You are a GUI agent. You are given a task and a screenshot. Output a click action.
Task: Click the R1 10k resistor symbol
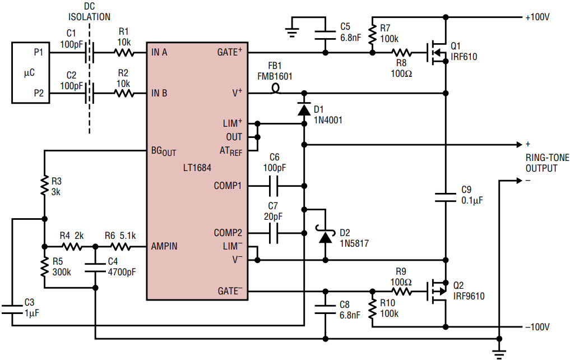(124, 53)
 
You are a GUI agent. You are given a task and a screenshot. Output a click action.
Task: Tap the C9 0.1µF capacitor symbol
(446, 197)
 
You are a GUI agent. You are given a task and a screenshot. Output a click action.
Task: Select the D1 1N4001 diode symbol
(304, 109)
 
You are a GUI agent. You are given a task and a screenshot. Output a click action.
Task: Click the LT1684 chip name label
(197, 168)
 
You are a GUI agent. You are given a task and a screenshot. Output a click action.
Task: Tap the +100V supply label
(537, 17)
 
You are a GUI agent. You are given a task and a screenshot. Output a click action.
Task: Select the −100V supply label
(537, 327)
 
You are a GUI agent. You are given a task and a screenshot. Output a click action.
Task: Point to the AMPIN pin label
(164, 247)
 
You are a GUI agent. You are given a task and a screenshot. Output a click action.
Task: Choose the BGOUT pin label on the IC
(164, 151)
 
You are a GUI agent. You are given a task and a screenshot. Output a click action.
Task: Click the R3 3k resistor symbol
(44, 186)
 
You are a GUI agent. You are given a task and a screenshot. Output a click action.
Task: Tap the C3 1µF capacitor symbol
(12, 310)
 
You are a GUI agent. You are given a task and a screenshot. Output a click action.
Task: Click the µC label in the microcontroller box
(29, 73)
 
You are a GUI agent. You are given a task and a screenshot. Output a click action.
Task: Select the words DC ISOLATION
(90, 12)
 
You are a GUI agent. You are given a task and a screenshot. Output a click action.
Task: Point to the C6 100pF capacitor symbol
(274, 186)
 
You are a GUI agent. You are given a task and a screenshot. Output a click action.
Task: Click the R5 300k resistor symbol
(44, 267)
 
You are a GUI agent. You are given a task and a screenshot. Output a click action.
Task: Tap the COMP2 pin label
(228, 233)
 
